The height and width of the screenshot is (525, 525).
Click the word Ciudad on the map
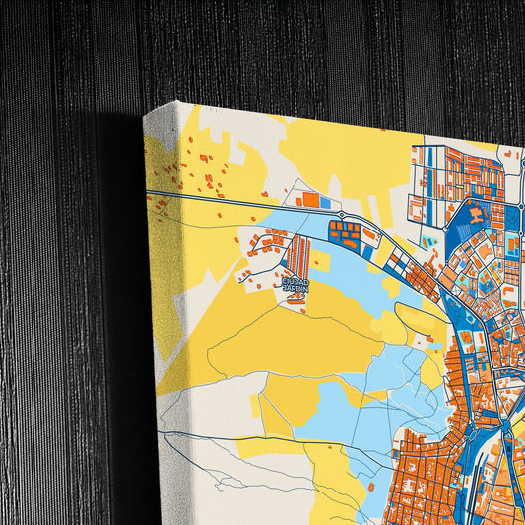point(295,281)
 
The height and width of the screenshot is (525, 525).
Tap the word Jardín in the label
point(295,289)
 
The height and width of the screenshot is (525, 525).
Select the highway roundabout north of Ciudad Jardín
point(341,214)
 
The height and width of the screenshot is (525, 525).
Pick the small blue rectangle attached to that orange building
point(325,203)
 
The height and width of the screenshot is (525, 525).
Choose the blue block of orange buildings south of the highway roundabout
point(344,233)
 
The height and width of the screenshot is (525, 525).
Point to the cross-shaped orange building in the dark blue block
point(477,213)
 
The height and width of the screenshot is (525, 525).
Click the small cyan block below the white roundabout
point(429,242)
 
